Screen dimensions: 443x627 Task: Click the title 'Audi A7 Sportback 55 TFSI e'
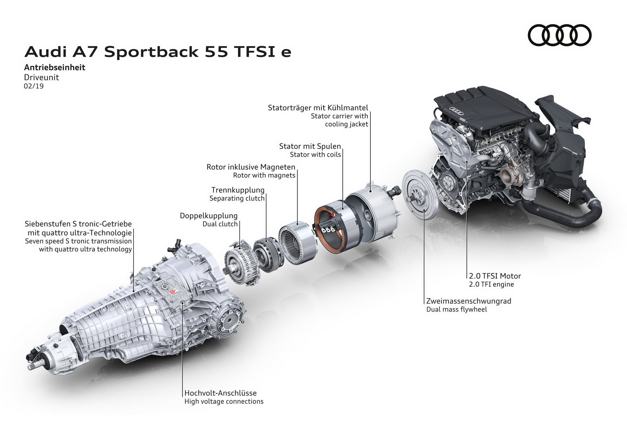[x=158, y=52]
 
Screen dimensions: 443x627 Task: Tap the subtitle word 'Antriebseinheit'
[x=55, y=68]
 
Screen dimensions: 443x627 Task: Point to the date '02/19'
[x=34, y=86]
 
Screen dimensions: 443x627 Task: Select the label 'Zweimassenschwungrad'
[x=469, y=301]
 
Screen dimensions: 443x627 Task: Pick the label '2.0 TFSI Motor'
[x=495, y=276]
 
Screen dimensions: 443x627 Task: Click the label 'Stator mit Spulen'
[x=310, y=146]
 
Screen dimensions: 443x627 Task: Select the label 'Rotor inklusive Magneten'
[x=251, y=167]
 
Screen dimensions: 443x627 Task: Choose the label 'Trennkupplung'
[x=238, y=190]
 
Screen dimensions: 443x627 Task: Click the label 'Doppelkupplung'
[x=209, y=216]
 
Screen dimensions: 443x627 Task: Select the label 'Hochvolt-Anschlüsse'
[x=220, y=393]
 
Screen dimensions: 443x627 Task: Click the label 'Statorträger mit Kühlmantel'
[x=318, y=108]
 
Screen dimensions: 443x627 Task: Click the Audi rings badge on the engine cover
[x=456, y=111]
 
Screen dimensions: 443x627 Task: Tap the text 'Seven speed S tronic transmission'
[x=78, y=241]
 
